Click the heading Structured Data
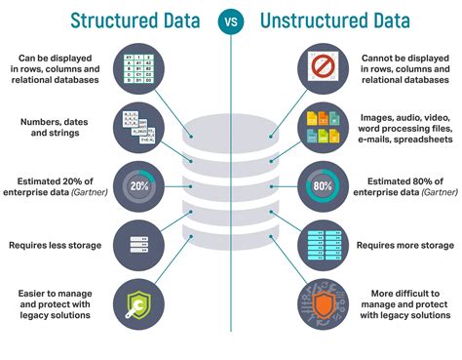tap(136, 20)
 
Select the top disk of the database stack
tap(231, 128)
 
